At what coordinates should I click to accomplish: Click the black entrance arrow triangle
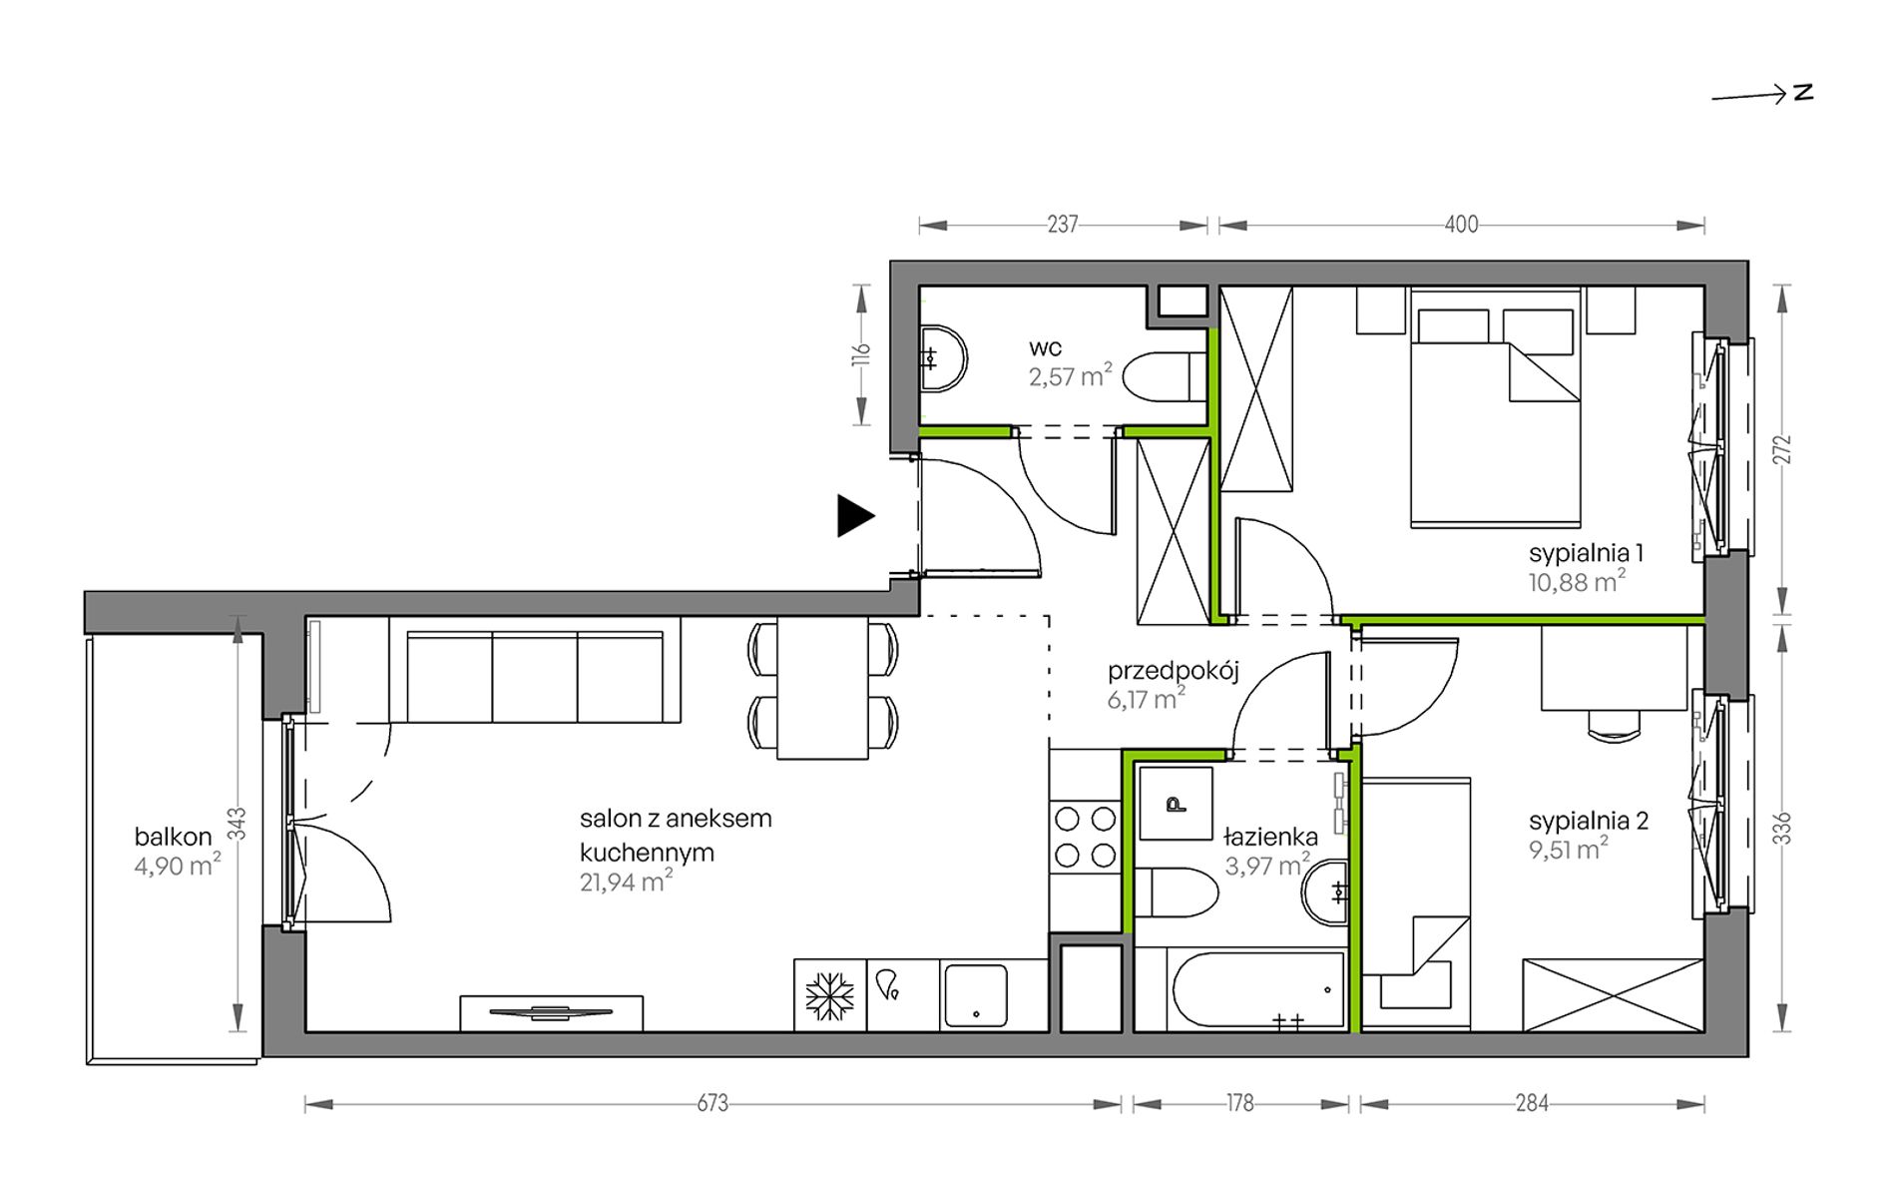tap(855, 516)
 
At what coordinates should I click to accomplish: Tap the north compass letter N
tap(1803, 93)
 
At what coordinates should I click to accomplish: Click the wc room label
tap(1046, 348)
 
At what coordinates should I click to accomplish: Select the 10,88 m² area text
tap(1577, 581)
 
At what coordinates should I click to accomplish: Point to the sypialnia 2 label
tap(1589, 821)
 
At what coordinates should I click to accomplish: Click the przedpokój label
tap(1174, 672)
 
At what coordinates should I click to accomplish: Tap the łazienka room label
tap(1271, 838)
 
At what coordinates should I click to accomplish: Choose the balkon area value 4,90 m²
tap(178, 866)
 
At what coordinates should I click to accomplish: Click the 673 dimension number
tap(712, 1103)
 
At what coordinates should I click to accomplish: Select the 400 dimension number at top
tap(1461, 226)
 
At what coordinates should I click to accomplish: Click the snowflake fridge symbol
tap(830, 996)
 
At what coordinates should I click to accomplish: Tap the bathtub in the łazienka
tap(1258, 989)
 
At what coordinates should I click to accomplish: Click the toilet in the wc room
tap(1165, 377)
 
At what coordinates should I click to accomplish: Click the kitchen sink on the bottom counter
tap(975, 995)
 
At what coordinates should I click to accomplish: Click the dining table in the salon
tap(822, 688)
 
